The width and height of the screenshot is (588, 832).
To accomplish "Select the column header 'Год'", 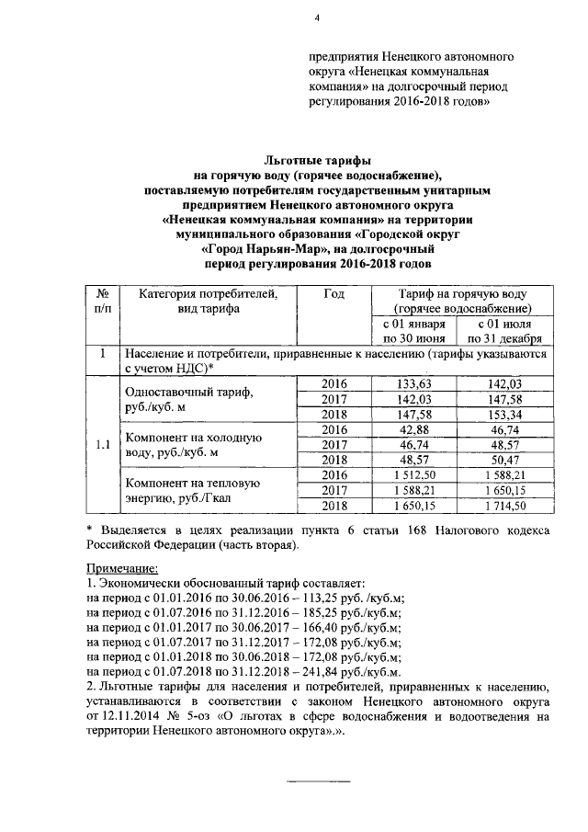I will pyautogui.click(x=334, y=293).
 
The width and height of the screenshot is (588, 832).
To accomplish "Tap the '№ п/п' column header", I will pyautogui.click(x=102, y=301).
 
